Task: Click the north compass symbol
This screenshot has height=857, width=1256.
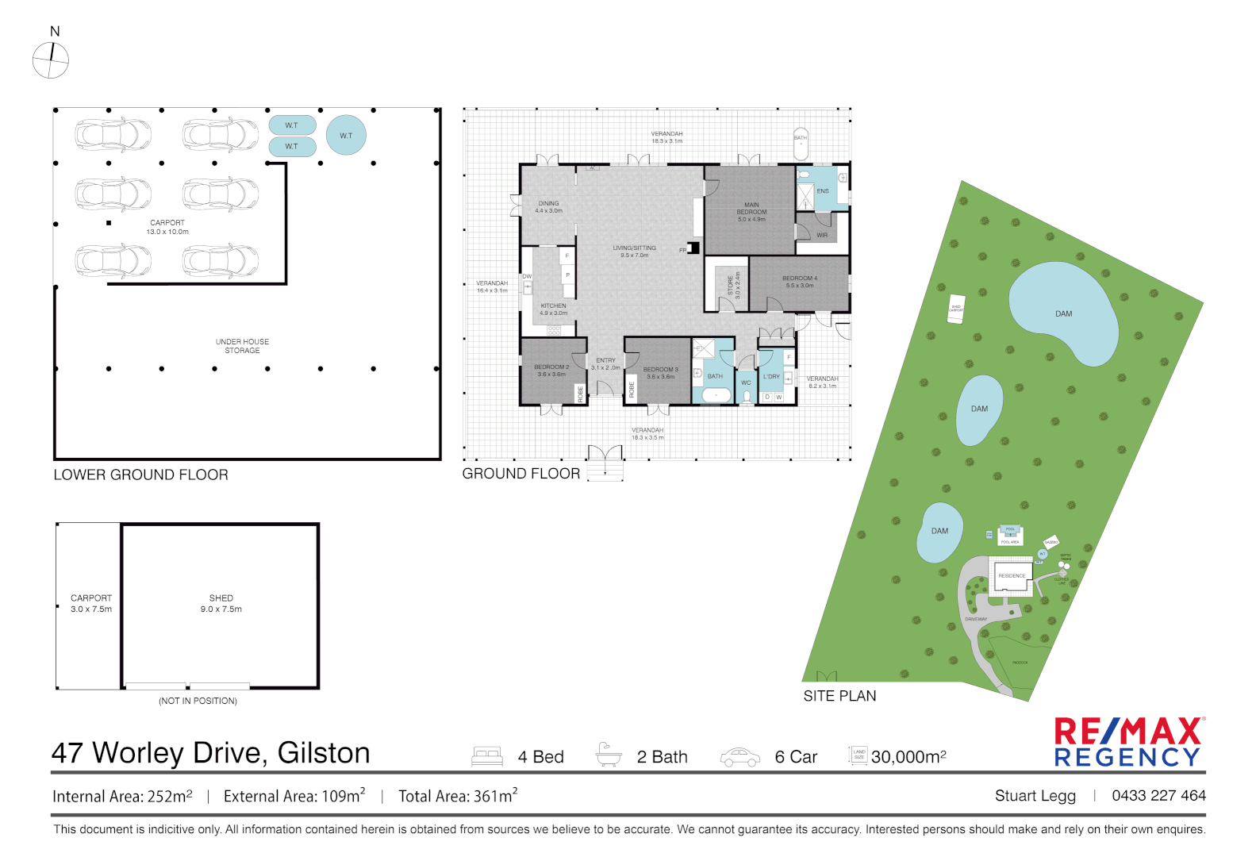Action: tap(51, 60)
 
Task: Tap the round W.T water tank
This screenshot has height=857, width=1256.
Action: tap(346, 136)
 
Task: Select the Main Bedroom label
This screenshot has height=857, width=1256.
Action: tap(751, 212)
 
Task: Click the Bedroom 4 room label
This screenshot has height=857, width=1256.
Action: tap(799, 282)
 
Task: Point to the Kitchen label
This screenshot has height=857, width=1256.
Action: tap(553, 309)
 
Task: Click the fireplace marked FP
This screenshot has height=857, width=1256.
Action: tap(693, 248)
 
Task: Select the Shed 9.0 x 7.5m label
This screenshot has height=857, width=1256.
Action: tap(221, 603)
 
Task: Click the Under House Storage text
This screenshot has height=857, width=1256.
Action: tap(242, 346)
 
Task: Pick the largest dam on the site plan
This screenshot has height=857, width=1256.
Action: tap(1062, 313)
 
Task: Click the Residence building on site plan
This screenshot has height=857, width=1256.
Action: tap(1012, 575)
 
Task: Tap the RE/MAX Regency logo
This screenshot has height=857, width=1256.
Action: tap(1127, 742)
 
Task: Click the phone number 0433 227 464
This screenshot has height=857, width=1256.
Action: tap(1158, 795)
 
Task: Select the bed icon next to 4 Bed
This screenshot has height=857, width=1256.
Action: tap(487, 756)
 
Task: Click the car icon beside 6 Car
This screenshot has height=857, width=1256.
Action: tap(739, 757)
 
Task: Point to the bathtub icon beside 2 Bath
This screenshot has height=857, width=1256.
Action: tap(608, 755)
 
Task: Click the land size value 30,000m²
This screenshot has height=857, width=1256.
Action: tap(908, 757)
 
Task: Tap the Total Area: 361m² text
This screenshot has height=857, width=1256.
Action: tap(458, 796)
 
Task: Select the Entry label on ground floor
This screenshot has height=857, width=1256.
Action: tap(605, 363)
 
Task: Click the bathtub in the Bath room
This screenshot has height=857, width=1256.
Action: tap(716, 394)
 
